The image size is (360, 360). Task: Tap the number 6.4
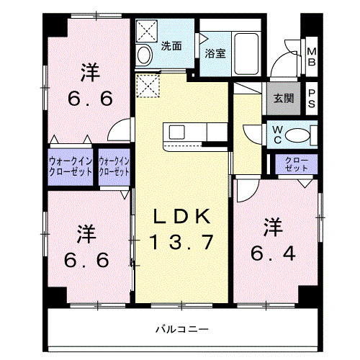pos(271,253)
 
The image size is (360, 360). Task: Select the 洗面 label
pos(171,45)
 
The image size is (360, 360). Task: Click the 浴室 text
pos(214,53)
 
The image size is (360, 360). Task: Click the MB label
pos(312,56)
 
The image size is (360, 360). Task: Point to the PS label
pos(312,97)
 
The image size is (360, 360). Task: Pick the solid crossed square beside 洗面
pos(146,31)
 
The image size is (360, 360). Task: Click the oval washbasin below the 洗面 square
pos(143,55)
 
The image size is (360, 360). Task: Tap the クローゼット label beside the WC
pos(296,163)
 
